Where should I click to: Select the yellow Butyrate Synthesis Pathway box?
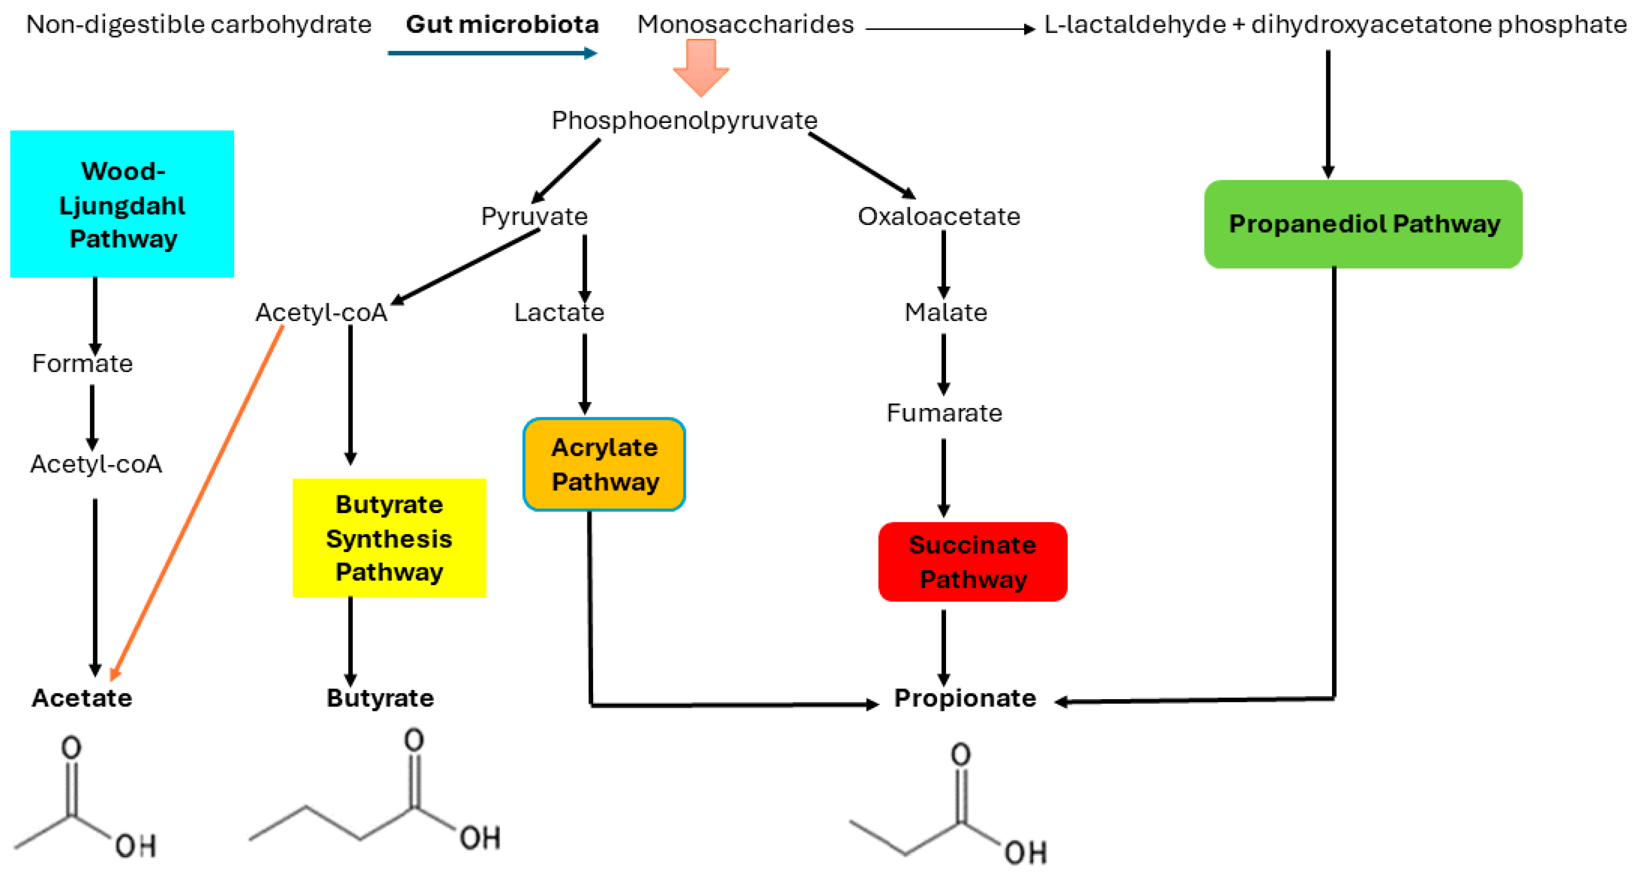[389, 537]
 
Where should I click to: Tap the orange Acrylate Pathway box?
[604, 464]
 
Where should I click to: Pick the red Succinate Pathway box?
[973, 562]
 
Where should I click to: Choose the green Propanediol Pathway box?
[1364, 224]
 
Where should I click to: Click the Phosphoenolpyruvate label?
[684, 120]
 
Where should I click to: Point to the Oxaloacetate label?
[939, 216]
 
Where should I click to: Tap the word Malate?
[946, 312]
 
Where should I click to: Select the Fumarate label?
[944, 412]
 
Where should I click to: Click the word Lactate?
[559, 312]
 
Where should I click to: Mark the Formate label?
[82, 363]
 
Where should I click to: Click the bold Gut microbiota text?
[502, 24]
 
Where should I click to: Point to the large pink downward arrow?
[701, 67]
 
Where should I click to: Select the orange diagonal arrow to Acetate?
[197, 502]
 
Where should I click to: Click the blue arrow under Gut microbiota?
[492, 53]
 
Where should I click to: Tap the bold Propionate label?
[965, 697]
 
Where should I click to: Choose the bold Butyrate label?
[380, 697]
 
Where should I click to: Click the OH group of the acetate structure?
[136, 846]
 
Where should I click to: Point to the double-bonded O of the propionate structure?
[961, 755]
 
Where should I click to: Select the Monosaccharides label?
[745, 24]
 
